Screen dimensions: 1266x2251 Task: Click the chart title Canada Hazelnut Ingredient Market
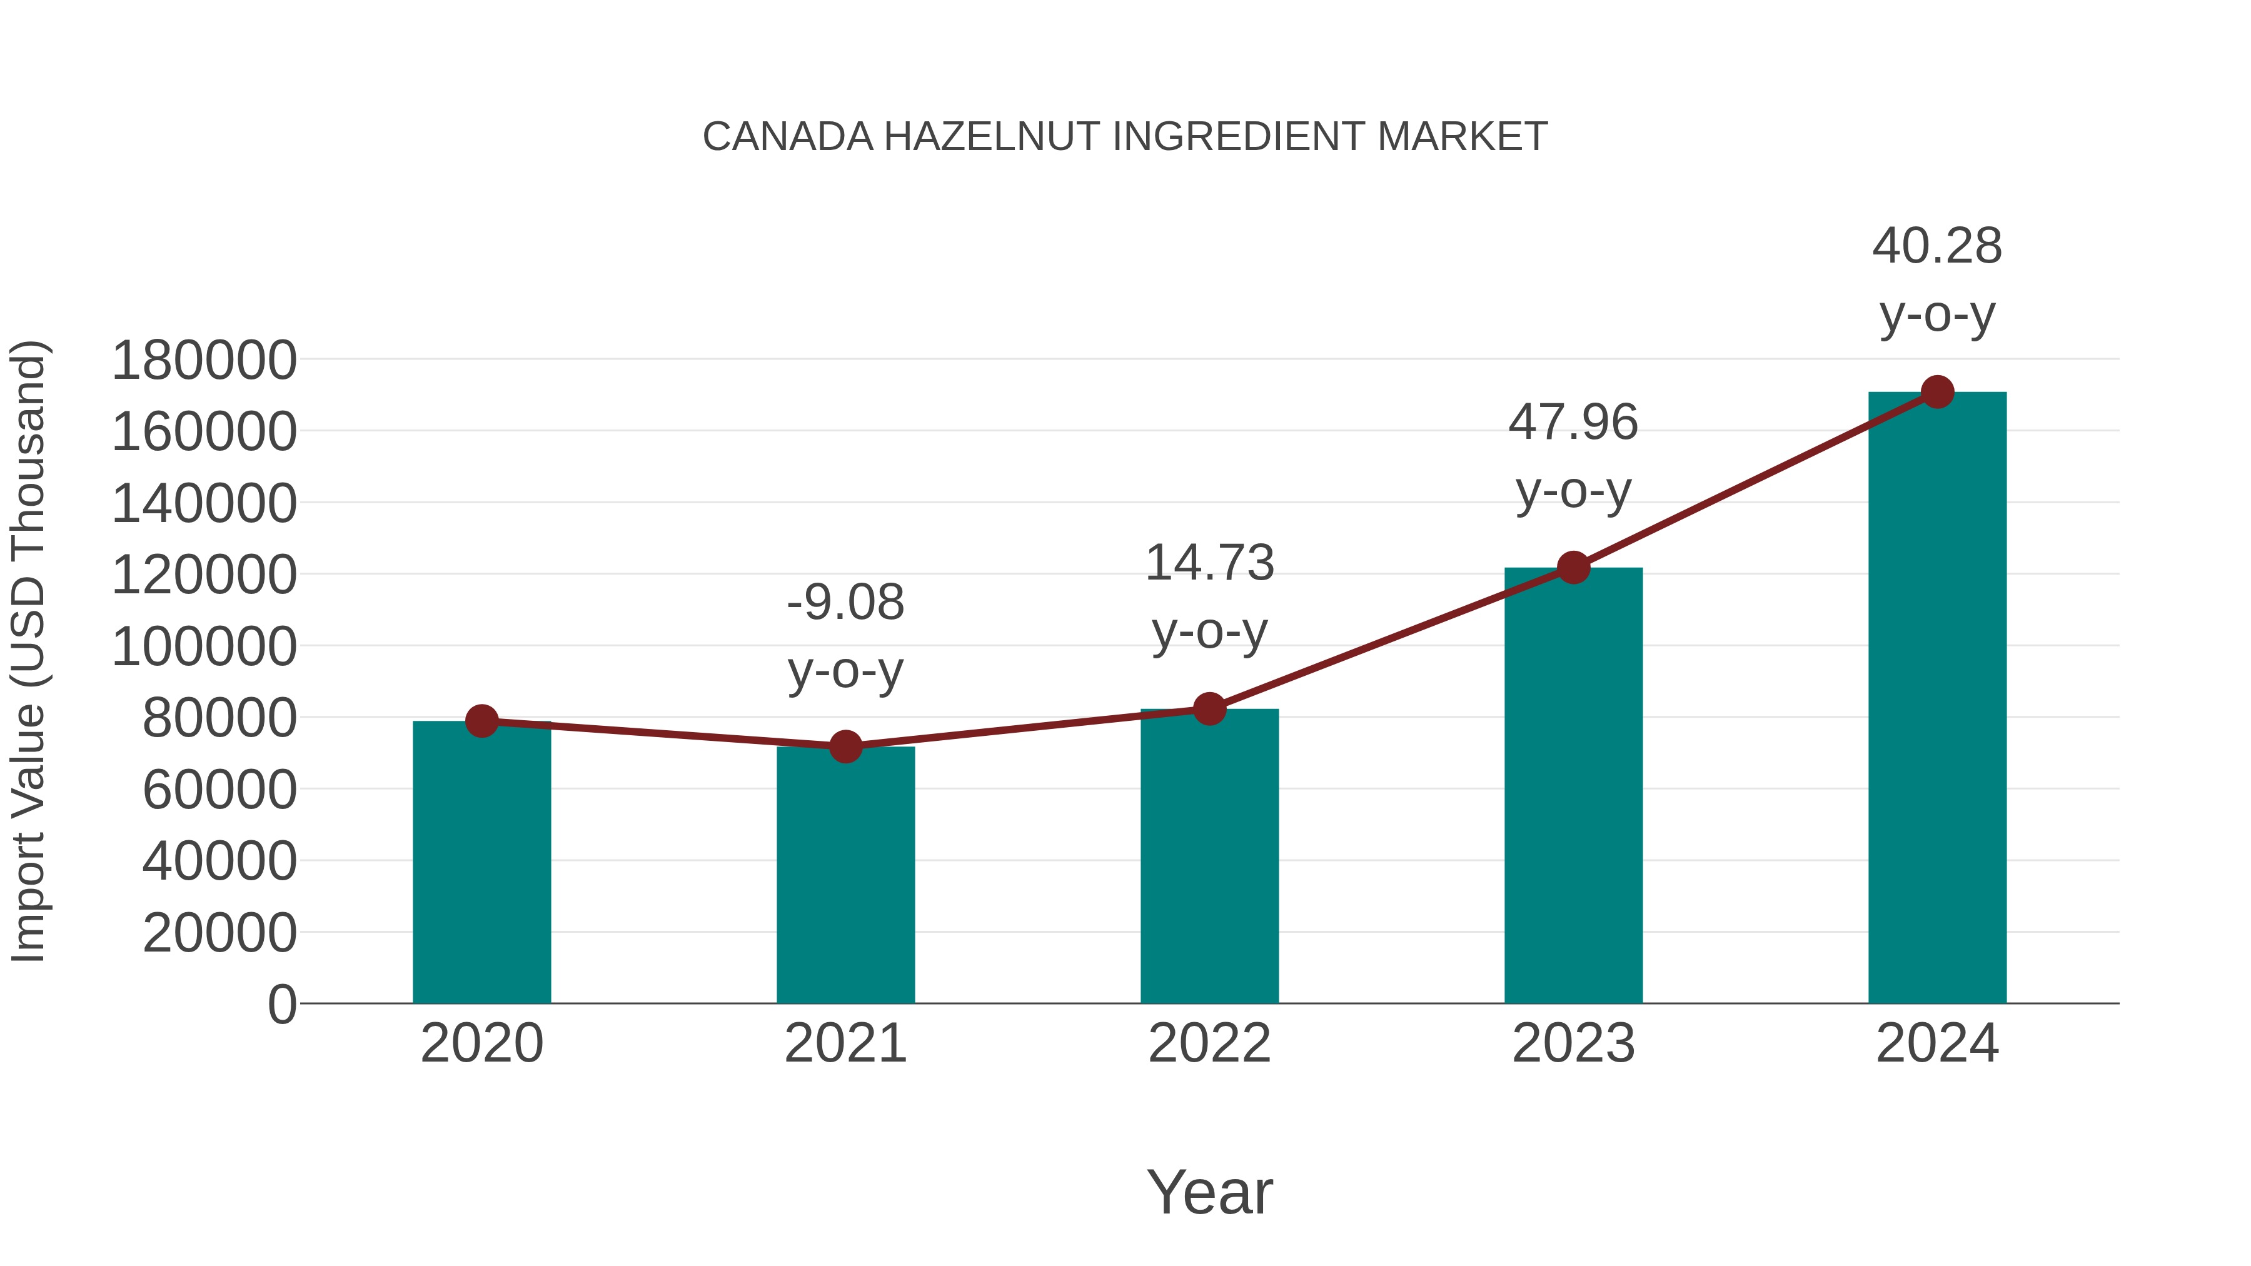click(x=1125, y=137)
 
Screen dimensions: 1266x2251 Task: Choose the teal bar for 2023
click(x=1573, y=786)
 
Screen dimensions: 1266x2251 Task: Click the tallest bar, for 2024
click(x=1937, y=699)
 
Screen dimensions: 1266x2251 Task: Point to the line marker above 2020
click(x=481, y=721)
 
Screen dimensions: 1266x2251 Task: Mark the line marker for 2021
click(x=845, y=747)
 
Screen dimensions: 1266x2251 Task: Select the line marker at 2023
click(x=1573, y=568)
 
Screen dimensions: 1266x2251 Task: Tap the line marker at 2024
click(x=1937, y=392)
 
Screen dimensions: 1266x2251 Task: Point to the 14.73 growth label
click(x=1209, y=597)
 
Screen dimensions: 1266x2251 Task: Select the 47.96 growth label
click(x=1573, y=456)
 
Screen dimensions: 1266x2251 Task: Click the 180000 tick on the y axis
click(x=204, y=360)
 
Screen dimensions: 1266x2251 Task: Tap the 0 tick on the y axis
click(x=282, y=1004)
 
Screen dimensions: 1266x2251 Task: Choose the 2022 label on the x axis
click(x=1209, y=1043)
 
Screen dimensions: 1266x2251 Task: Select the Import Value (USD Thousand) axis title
click(x=28, y=651)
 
